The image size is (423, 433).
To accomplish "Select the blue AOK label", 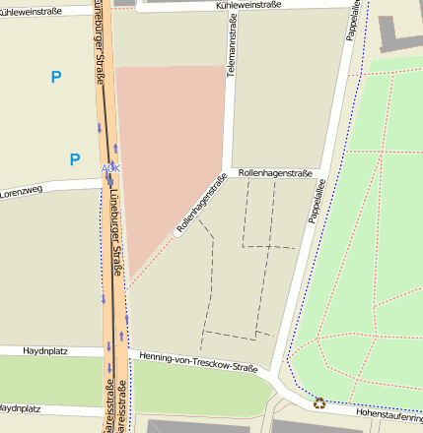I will [111, 168].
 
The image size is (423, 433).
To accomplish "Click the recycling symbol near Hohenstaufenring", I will [318, 402].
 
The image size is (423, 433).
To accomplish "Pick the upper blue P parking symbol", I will [55, 77].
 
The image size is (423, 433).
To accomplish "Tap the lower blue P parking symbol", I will [75, 158].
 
